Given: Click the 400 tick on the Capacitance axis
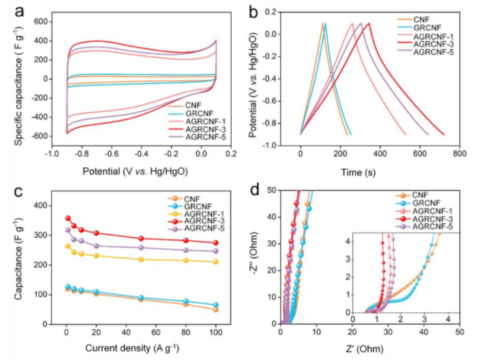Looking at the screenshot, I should (48, 205).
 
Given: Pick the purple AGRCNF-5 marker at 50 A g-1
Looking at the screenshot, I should (141, 248).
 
